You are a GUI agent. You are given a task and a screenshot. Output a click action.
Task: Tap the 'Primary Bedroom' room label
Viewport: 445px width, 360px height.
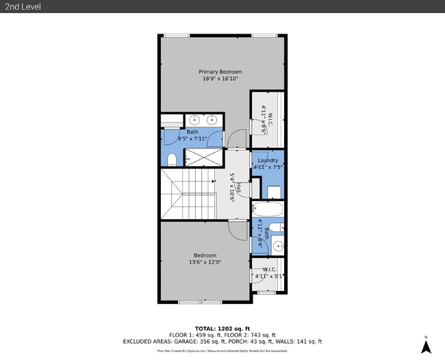click(220, 72)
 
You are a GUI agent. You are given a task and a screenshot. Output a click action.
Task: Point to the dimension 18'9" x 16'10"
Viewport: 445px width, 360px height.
click(220, 79)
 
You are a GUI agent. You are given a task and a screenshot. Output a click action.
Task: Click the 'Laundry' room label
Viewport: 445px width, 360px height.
click(268, 160)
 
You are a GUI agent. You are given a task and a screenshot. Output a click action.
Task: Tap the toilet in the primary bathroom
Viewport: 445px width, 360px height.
click(171, 159)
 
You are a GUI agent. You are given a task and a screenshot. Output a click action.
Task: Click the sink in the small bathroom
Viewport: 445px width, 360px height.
click(277, 245)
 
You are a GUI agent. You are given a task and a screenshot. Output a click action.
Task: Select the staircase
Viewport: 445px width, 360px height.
click(188, 195)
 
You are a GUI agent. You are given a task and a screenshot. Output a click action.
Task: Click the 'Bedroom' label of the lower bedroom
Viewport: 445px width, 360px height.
click(205, 255)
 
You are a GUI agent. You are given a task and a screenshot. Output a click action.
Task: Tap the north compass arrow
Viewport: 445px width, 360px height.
click(425, 346)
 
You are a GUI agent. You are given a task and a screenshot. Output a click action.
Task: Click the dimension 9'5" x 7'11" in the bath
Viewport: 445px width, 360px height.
click(192, 139)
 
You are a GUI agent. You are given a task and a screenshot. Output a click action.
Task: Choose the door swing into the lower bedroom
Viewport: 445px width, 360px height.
click(236, 231)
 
